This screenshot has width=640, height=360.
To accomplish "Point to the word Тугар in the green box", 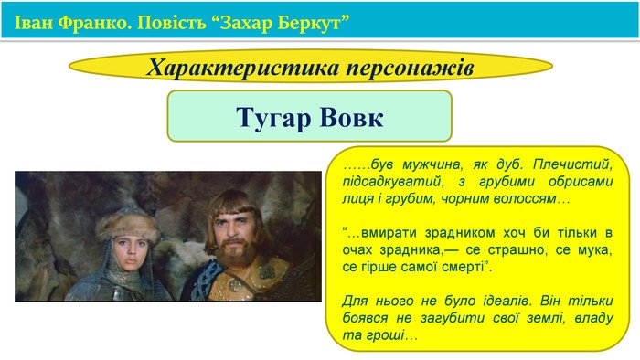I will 271,117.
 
